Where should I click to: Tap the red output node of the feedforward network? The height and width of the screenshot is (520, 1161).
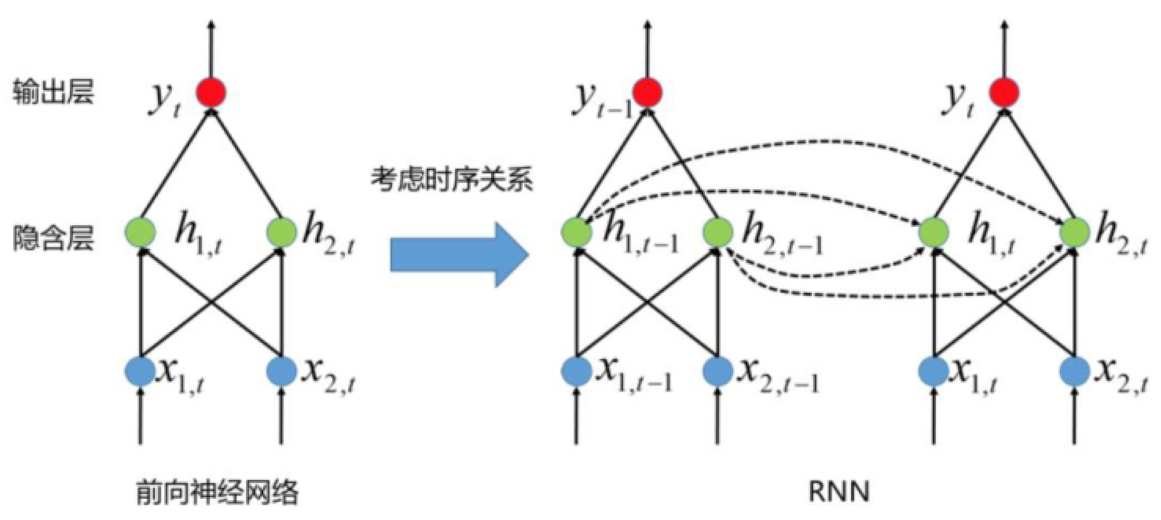click(x=211, y=92)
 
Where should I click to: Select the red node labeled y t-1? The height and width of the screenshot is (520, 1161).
click(x=647, y=92)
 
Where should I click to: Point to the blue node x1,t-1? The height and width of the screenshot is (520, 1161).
click(x=576, y=371)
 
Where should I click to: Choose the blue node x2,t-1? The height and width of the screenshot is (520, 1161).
click(x=717, y=371)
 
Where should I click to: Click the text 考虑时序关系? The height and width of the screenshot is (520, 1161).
click(x=452, y=179)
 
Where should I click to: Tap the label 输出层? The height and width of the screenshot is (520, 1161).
click(x=53, y=92)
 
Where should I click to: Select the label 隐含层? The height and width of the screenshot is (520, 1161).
click(x=53, y=238)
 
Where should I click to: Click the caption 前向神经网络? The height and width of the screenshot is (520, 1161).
click(x=217, y=492)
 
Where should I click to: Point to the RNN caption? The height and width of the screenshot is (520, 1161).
click(x=839, y=492)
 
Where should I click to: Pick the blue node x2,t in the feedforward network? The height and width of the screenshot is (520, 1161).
click(x=282, y=371)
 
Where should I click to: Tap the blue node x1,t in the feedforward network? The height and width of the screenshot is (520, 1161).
click(x=140, y=371)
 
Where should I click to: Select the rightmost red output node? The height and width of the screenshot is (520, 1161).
click(x=1004, y=92)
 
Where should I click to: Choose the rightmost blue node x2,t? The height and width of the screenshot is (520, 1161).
click(x=1075, y=371)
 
